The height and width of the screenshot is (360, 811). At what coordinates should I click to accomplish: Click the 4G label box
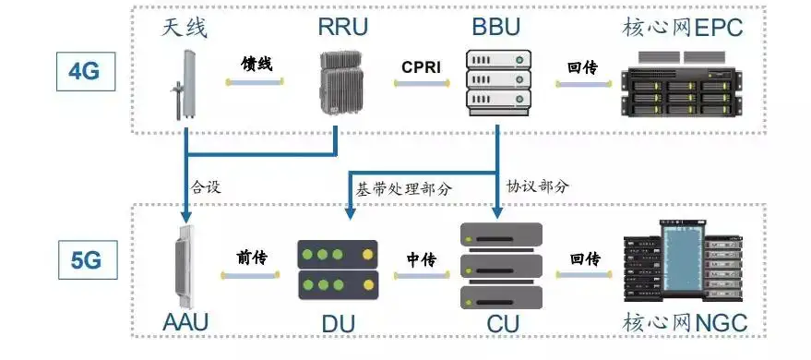coord(85,70)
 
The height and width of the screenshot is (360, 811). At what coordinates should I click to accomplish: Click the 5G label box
coord(85,261)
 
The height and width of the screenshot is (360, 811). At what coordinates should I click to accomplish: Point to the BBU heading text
coord(496,27)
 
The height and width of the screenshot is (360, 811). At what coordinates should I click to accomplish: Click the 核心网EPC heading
coord(683,27)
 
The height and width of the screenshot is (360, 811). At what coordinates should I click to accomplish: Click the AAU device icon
coord(186,265)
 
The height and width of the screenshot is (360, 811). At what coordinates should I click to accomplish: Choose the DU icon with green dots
coord(338,268)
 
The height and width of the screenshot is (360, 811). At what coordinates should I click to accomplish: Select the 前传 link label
coord(252,258)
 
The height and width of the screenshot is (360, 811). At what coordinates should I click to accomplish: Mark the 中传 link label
coord(421,258)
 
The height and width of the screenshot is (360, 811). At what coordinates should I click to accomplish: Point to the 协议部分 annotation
coord(538,185)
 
